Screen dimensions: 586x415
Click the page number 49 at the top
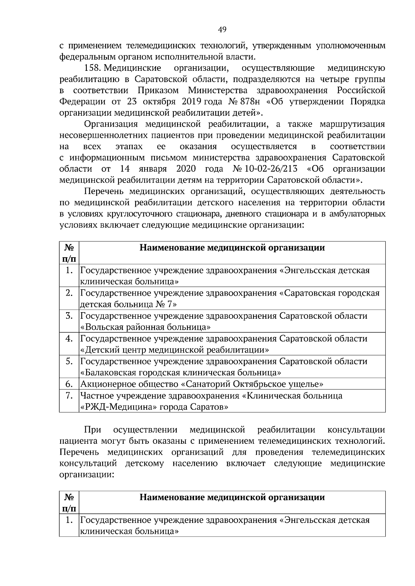222,30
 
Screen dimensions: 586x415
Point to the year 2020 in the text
186,169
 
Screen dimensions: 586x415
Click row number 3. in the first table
69,316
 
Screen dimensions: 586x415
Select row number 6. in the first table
69,384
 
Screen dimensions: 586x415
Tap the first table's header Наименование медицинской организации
232,248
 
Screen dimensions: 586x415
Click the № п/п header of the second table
69,503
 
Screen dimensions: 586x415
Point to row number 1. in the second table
69,520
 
